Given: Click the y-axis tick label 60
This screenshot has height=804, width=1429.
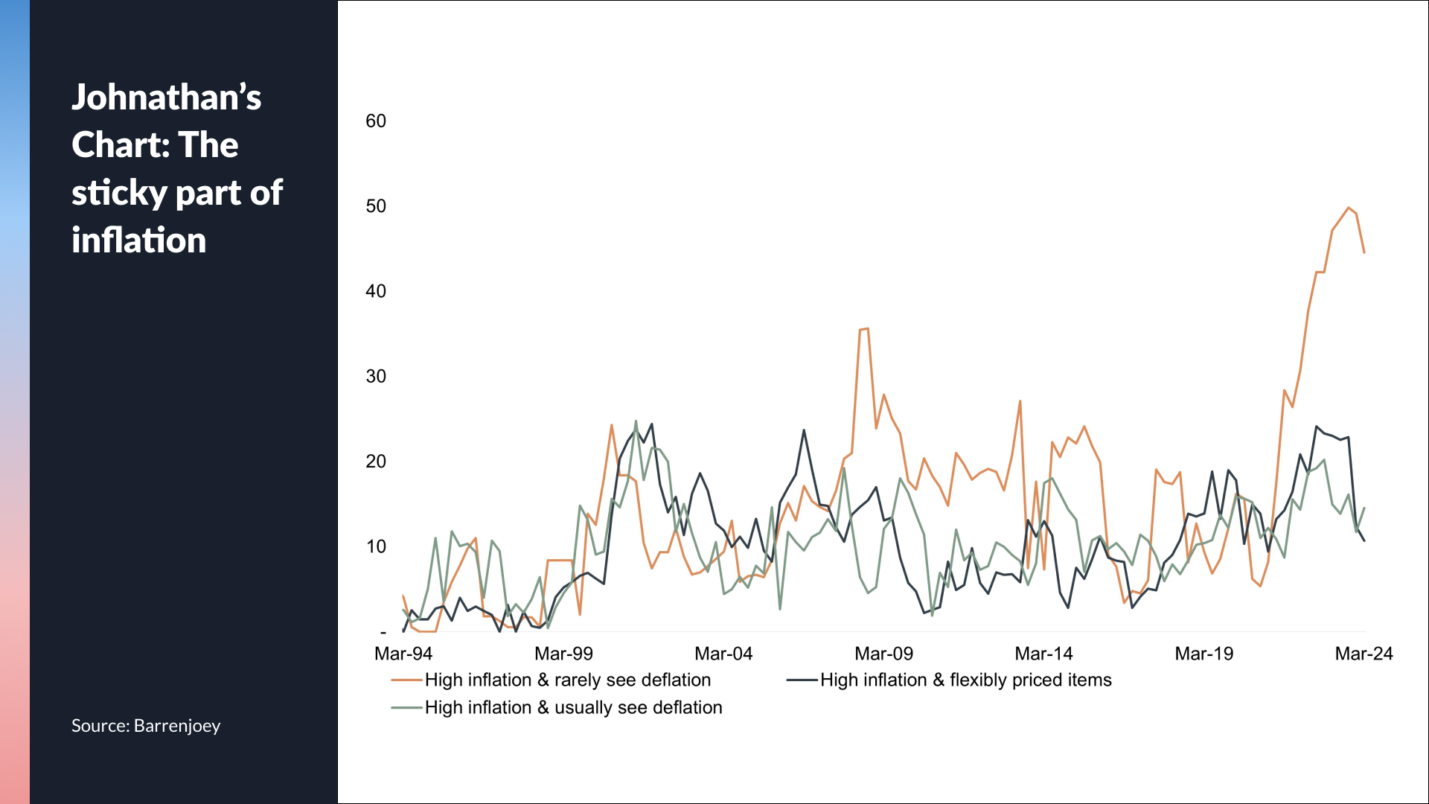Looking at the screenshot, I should click(x=376, y=121).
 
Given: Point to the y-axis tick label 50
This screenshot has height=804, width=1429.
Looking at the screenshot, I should click(x=376, y=206).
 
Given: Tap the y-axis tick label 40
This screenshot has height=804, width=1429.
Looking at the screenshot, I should click(x=376, y=291).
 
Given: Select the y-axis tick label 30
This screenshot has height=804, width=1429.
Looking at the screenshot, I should click(x=376, y=377).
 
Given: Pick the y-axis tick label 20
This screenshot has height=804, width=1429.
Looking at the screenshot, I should click(x=376, y=462).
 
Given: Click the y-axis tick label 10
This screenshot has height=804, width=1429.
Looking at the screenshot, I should click(x=376, y=546).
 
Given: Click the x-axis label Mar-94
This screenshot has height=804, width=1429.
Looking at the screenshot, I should click(x=403, y=654).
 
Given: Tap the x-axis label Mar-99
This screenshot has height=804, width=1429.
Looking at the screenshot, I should click(x=563, y=654).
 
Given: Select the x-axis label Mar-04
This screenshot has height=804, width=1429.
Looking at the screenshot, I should click(x=723, y=654).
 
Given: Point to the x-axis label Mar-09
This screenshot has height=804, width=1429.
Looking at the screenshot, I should click(x=883, y=654).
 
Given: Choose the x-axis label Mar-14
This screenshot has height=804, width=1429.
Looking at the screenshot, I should click(x=1043, y=654).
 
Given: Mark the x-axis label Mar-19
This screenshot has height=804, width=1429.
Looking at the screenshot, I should click(x=1203, y=654).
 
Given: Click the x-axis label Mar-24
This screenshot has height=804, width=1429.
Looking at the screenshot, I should click(x=1364, y=654).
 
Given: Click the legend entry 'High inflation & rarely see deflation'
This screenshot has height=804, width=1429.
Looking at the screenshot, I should click(x=567, y=680).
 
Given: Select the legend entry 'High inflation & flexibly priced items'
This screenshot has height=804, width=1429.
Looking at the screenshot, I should click(x=965, y=680).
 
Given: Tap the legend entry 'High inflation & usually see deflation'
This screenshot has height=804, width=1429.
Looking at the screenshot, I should click(x=573, y=707).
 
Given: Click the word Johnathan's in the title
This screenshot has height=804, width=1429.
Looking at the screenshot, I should click(x=167, y=98).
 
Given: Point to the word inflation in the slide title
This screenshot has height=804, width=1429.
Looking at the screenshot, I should click(x=139, y=240).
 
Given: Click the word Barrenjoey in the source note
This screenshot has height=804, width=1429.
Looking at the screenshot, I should click(x=177, y=726).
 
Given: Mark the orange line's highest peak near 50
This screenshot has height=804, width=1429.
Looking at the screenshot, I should click(x=1348, y=208).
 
